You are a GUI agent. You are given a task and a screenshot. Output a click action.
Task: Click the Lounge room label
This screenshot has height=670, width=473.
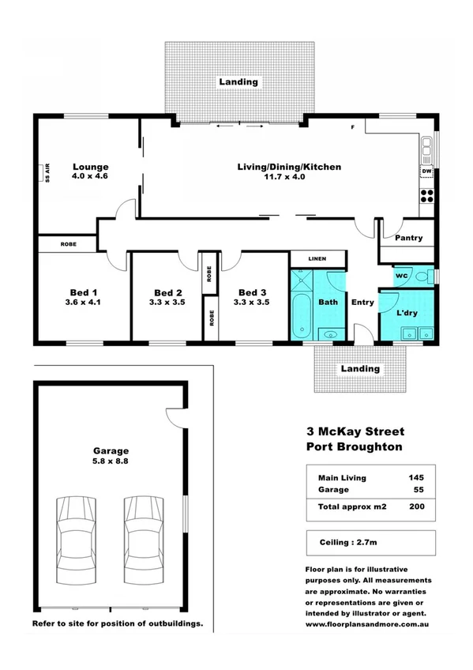(x=90, y=167)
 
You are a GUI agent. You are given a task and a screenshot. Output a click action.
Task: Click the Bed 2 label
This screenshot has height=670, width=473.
(x=168, y=292)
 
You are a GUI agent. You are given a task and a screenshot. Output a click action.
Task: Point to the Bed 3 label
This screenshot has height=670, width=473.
(x=253, y=292)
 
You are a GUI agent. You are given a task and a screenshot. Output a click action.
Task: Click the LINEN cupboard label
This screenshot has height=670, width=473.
(x=318, y=258)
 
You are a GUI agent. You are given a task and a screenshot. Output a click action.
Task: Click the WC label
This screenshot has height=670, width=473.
(x=401, y=277)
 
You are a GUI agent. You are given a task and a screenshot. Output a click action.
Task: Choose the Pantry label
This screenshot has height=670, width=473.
(x=407, y=238)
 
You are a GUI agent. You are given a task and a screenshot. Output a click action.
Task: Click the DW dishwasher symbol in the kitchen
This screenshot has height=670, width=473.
(x=426, y=171)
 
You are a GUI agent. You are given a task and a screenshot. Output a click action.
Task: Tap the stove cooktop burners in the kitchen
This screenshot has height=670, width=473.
(x=426, y=195)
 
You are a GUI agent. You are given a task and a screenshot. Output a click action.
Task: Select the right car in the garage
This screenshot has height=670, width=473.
(x=143, y=540)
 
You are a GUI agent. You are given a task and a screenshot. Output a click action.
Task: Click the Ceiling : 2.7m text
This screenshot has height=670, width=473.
(x=346, y=542)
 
